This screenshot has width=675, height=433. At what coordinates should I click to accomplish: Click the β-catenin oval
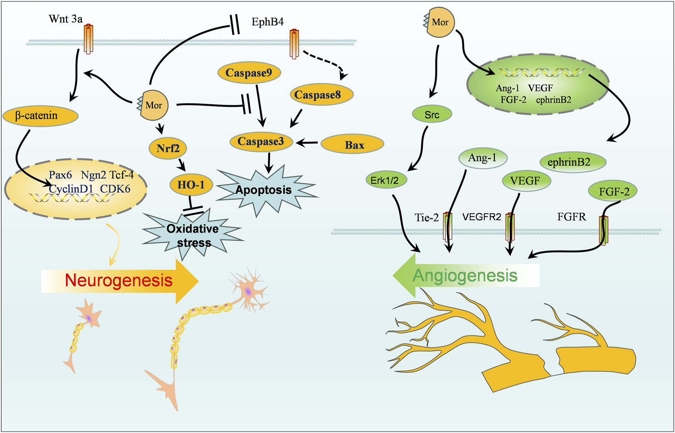coord(41,116)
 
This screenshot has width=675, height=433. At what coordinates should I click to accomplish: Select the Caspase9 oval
coord(249,73)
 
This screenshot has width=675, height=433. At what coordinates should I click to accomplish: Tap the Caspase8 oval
coord(321,94)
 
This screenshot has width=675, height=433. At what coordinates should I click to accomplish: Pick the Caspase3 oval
coord(261,142)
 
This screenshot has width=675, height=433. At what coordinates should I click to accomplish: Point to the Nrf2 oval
coord(168,148)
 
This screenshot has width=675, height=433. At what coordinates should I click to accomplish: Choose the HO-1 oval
coord(191,185)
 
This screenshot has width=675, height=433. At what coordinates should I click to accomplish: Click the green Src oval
coord(432,114)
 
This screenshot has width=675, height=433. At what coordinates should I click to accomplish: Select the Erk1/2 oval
coord(386,180)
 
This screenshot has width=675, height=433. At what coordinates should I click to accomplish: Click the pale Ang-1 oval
coord(483,158)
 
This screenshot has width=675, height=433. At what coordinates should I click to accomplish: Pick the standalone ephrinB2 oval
coord(572,162)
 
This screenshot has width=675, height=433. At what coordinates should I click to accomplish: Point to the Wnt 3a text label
coord(66,19)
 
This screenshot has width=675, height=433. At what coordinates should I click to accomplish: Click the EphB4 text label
coord(268,22)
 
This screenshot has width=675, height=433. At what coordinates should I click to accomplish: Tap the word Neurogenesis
coord(119,280)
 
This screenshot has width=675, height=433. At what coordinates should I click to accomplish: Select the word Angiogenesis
coord(465,275)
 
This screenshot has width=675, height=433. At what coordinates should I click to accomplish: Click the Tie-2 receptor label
coord(426,217)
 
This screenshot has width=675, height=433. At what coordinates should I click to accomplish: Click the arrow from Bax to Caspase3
coord(307,143)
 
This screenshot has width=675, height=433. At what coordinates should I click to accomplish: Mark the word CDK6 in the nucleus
coord(115,189)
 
